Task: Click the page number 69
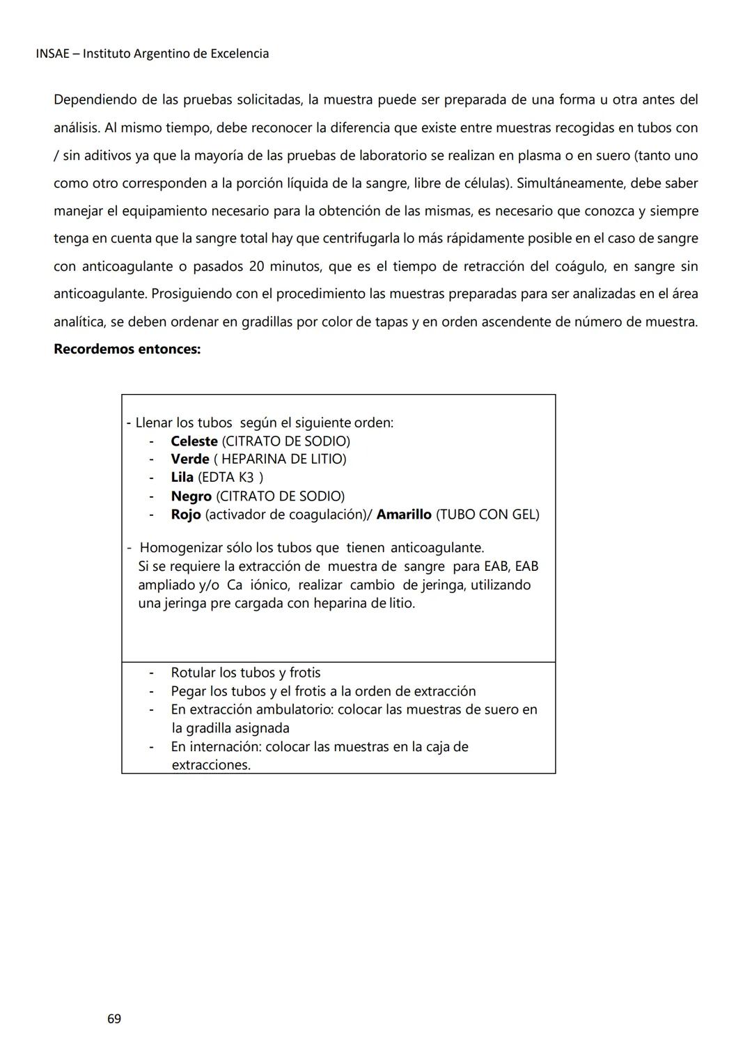pos(114,1018)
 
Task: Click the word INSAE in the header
pos(52,54)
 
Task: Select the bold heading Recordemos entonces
pos(127,349)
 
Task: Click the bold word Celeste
pos(194,441)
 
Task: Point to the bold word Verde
pos(189,459)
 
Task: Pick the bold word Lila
pos(182,478)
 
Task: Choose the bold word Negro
pos(191,496)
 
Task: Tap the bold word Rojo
pos(185,514)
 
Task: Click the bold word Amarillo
pos(403,514)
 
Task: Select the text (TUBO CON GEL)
pos(487,514)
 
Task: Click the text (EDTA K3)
pos(230,478)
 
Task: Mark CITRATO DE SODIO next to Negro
pos(281,496)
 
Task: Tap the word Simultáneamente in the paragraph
pos(570,183)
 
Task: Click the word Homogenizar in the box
pos(180,548)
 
